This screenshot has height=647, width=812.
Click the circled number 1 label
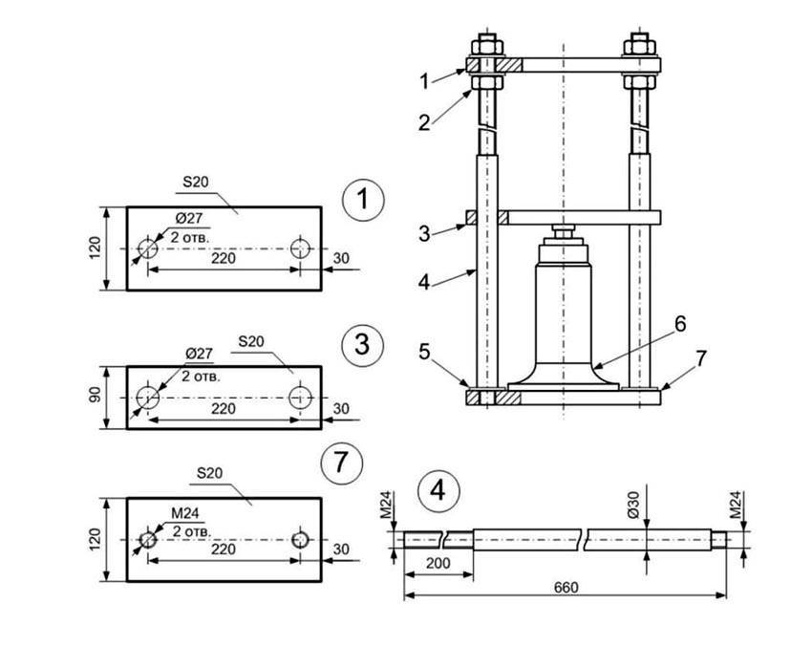coord(362,201)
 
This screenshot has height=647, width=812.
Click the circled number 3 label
coord(362,344)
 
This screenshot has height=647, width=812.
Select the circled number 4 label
coord(438,491)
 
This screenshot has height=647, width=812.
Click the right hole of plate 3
coord(301,396)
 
